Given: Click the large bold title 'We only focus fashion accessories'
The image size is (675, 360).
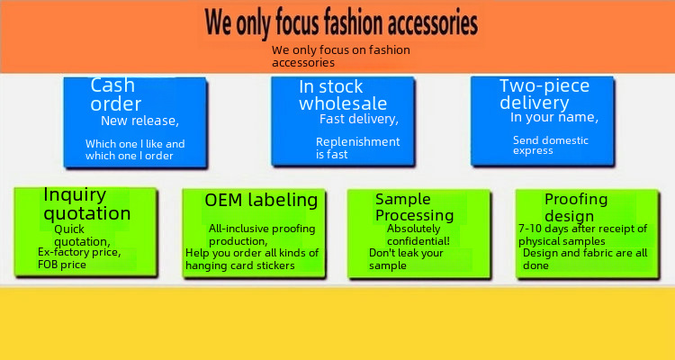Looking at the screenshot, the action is (341, 22).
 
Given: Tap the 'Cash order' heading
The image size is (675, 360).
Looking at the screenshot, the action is (116, 94).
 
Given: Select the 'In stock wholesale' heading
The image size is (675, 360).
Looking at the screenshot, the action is (343, 95).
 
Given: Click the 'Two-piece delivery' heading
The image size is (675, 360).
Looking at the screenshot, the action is (544, 94).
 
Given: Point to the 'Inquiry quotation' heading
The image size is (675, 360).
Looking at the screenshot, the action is (87, 204).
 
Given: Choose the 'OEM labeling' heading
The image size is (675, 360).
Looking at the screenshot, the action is (261, 200).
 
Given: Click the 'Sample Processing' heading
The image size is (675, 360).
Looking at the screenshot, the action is (415, 207).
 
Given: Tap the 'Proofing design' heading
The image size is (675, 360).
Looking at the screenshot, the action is (576, 207).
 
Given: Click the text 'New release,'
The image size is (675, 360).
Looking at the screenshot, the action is (139, 121).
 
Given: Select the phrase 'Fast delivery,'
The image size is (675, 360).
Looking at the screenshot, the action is (359, 119).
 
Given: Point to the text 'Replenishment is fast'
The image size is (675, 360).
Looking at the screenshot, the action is (357, 148).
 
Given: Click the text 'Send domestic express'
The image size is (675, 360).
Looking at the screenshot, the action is (551, 145).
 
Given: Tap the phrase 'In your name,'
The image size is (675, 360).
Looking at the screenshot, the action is (554, 117).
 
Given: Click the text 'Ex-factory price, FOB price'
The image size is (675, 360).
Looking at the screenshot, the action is (79, 258).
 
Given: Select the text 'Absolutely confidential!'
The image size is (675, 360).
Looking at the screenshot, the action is (418, 235).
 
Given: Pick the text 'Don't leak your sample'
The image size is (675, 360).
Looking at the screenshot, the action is (406, 259).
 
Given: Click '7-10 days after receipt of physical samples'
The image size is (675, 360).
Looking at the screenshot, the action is (583, 235).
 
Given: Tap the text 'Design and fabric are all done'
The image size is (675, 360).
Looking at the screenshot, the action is (585, 259).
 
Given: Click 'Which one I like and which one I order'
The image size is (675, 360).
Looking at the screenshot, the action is (135, 150).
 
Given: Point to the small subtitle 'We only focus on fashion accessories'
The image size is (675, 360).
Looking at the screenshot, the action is (341, 57).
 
